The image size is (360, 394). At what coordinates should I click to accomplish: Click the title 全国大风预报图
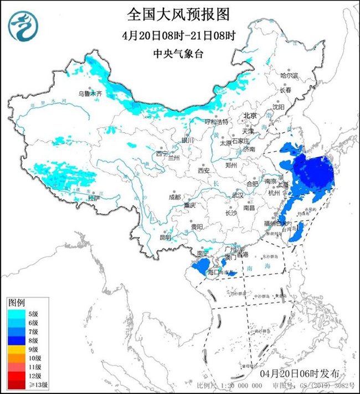179,13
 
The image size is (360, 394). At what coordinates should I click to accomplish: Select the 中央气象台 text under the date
179,54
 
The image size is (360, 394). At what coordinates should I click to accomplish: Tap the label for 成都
175,196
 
